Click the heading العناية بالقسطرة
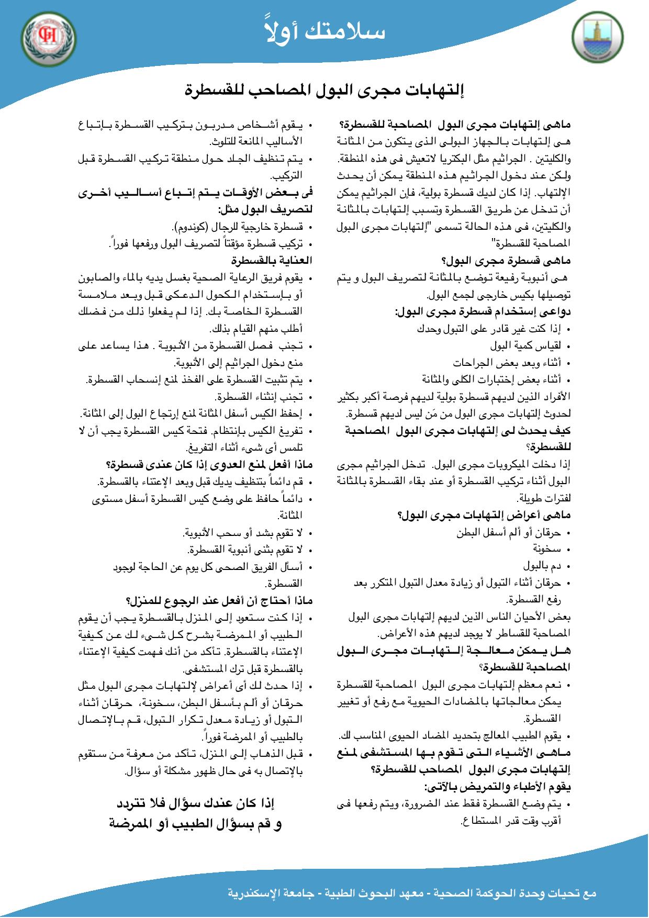pos(272,260)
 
